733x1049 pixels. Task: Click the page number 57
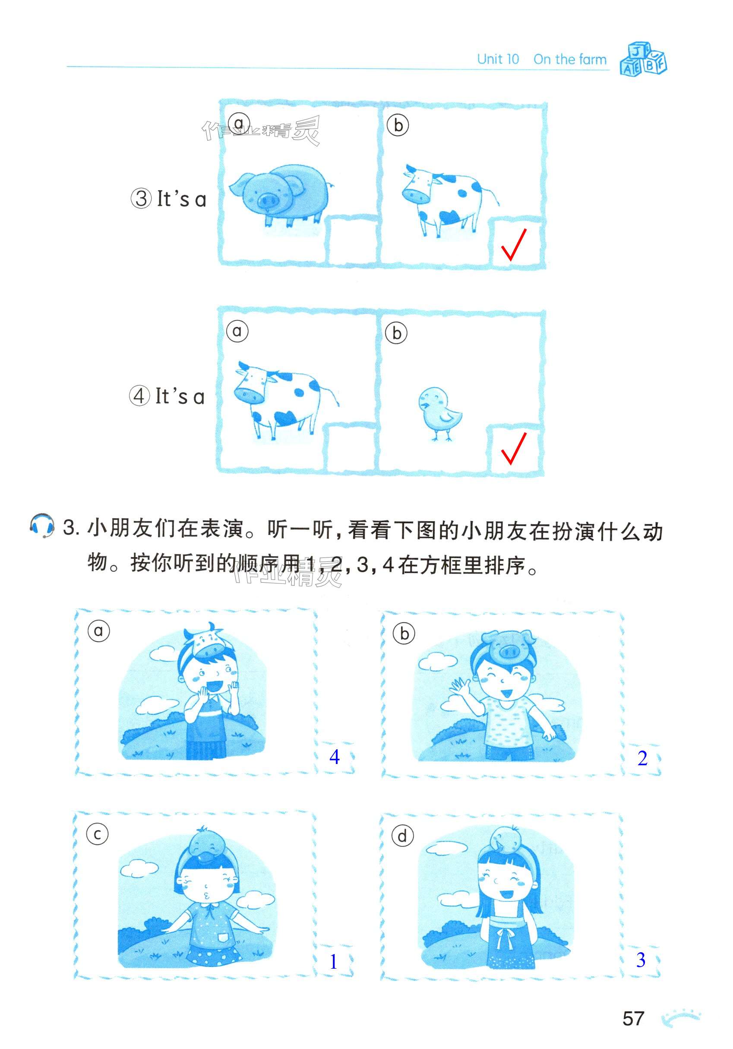pos(632,1018)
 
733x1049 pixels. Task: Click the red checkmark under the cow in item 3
pos(513,244)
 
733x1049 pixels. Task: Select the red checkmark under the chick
pos(513,449)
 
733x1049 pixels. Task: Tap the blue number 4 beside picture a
pos(334,757)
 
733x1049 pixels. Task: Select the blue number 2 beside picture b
pos(642,758)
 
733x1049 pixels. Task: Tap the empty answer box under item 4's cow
pos(350,447)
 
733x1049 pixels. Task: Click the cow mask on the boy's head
pos(203,638)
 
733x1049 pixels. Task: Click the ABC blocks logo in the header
pos(643,58)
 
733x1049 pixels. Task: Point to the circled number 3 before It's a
pos(142,199)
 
